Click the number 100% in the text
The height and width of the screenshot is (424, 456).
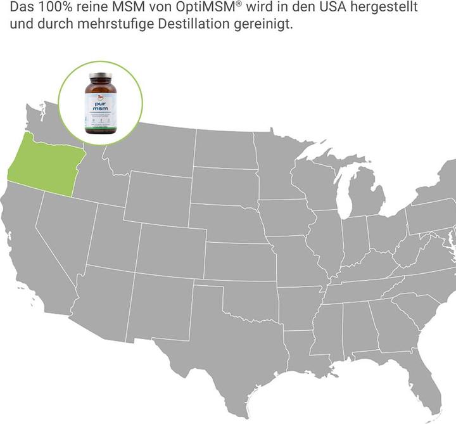click(x=54, y=10)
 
